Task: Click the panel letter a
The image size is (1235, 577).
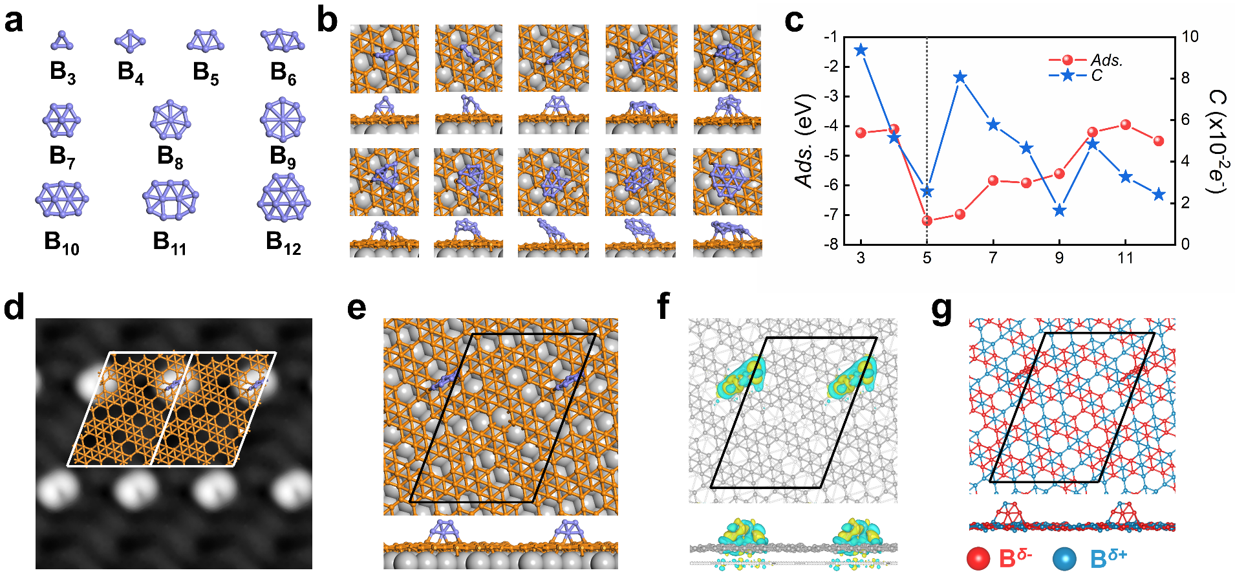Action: (x=14, y=21)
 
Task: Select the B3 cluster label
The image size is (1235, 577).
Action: (x=63, y=72)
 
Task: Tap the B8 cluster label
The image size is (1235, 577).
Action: (x=170, y=157)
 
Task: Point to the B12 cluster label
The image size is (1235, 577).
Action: (x=283, y=243)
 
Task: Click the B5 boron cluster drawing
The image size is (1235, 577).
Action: (x=206, y=42)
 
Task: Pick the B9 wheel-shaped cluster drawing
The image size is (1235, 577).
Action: (x=283, y=120)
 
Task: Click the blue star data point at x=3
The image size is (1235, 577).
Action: (x=861, y=50)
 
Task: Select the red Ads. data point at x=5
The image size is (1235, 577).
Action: (x=927, y=221)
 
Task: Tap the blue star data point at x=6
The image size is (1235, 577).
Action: (x=960, y=78)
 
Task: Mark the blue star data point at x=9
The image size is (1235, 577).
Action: (x=1059, y=210)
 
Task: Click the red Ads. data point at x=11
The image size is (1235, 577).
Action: (x=1126, y=124)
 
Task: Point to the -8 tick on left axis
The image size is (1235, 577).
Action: (x=833, y=245)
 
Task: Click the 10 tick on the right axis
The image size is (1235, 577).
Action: (x=1190, y=37)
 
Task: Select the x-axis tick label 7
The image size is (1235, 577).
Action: (x=993, y=258)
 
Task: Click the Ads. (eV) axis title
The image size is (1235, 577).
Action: (x=805, y=141)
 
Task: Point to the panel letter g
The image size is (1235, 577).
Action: (x=941, y=308)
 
